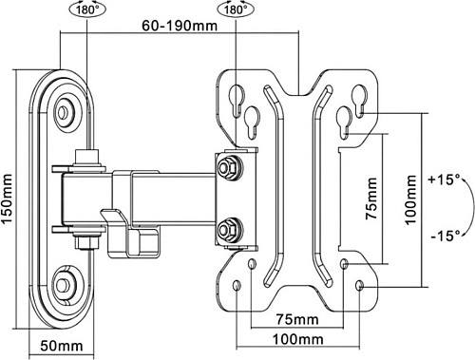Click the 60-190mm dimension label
pos(180,26)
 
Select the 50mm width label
pos(62,346)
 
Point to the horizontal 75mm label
pos(297,319)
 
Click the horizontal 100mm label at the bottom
pos(297,339)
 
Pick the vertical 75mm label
pos(371,199)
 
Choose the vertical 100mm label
pos(410,200)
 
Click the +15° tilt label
pos(444,180)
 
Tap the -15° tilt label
pos(446,235)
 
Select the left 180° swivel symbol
pos(87,9)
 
